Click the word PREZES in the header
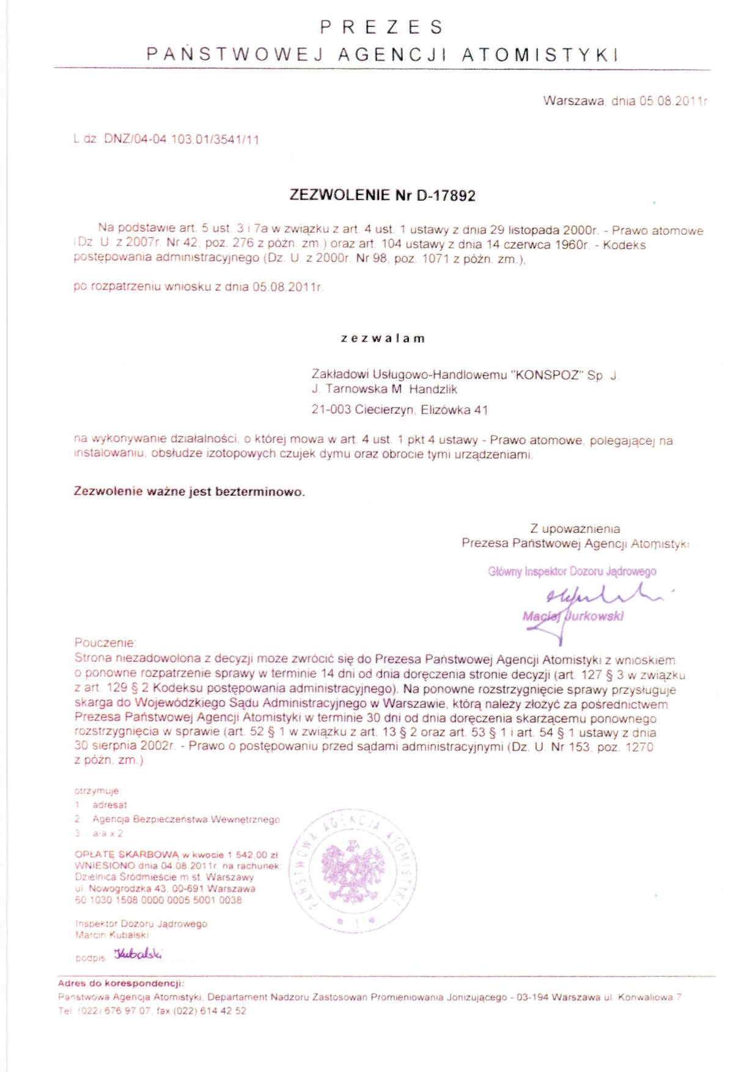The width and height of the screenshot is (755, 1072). coord(381,28)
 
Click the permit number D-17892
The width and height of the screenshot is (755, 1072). coord(446,196)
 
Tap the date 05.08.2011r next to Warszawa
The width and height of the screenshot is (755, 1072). coord(673,101)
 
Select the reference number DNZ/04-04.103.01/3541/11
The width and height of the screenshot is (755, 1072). coord(182,140)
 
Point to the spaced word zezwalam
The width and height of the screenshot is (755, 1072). coord(383,338)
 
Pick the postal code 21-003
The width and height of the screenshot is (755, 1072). coord(331,410)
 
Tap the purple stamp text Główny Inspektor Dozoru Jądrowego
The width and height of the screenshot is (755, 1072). coord(572,571)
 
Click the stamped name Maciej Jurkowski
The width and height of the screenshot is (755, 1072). coord(573,616)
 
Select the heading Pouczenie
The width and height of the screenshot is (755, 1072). coord(105,642)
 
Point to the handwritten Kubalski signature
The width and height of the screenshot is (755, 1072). coord(138,954)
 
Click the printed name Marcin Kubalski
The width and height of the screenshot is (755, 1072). coord(112,935)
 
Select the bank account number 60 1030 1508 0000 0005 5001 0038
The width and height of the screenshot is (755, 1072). coord(158,900)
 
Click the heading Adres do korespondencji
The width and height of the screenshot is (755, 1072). coord(120,983)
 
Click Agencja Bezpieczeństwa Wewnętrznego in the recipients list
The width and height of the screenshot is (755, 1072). coord(186,819)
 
